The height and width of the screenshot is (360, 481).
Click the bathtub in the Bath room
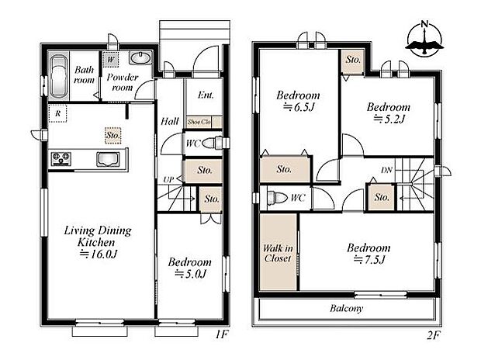[x=59, y=77]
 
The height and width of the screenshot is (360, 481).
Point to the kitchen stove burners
[x=61, y=159]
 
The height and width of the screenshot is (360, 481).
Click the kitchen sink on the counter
[x=107, y=159]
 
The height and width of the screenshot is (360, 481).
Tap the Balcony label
[x=346, y=308]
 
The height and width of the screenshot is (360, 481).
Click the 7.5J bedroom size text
[x=369, y=259]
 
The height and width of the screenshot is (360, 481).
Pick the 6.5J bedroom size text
[x=299, y=107]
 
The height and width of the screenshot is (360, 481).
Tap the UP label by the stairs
[x=168, y=180]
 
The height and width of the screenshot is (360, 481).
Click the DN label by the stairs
[x=386, y=169]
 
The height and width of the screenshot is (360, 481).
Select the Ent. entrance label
[x=206, y=95]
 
